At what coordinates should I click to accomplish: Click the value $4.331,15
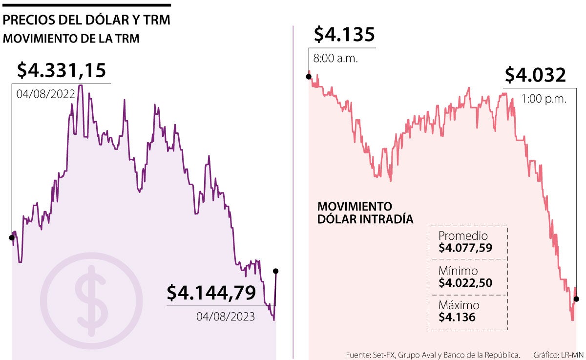tap(61, 70)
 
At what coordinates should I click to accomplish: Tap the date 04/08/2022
tap(45, 94)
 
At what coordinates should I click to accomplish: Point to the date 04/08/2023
tap(226, 317)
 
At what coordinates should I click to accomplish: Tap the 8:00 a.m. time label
tap(335, 59)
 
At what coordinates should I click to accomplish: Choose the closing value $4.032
tap(535, 75)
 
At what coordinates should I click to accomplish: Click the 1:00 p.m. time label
tap(544, 99)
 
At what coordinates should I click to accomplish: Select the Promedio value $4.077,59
tap(465, 248)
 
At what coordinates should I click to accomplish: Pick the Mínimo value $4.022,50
tap(465, 282)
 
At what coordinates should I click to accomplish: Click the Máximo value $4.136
tap(457, 317)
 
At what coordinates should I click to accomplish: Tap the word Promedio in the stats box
tap(463, 235)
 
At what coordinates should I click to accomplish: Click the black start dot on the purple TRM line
tap(11, 238)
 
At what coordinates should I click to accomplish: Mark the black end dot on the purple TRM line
tap(276, 271)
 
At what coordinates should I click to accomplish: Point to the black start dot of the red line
tap(308, 76)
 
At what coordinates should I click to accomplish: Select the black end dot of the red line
tap(576, 299)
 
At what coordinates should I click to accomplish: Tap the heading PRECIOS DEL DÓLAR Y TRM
tap(86, 21)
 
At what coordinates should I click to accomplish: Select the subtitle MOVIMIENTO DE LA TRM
tap(71, 39)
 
